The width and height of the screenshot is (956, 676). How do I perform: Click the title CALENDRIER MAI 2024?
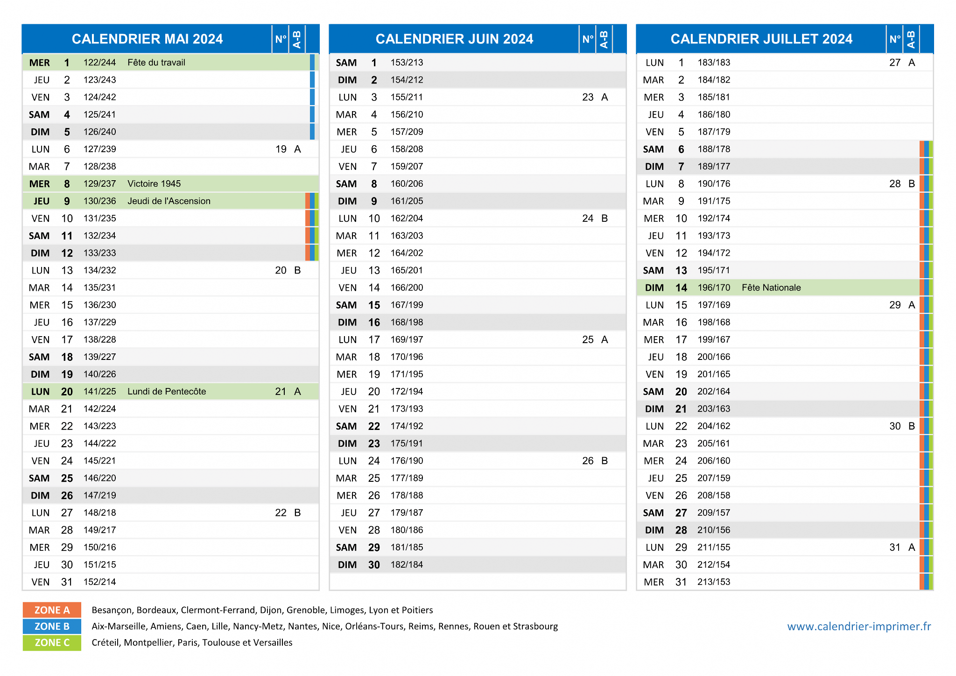pyautogui.click(x=147, y=39)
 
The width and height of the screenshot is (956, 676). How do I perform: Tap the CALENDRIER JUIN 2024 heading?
pyautogui.click(x=454, y=39)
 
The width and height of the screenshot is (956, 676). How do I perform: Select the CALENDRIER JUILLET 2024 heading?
pyautogui.click(x=761, y=39)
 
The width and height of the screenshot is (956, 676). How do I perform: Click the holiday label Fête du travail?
pyautogui.click(x=156, y=63)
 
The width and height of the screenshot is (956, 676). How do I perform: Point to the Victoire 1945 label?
pyautogui.click(x=154, y=184)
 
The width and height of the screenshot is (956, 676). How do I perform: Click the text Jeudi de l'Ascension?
pyautogui.click(x=169, y=201)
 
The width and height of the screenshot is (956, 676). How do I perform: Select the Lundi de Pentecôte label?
pyautogui.click(x=167, y=392)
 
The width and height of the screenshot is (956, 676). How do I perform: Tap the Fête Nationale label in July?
pyautogui.click(x=771, y=288)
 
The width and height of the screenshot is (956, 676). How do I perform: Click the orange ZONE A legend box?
pyautogui.click(x=52, y=610)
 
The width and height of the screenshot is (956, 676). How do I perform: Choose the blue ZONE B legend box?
pyautogui.click(x=52, y=627)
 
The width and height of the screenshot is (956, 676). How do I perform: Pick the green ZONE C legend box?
pyautogui.click(x=52, y=643)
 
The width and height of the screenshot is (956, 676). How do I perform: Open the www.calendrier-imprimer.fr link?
pyautogui.click(x=859, y=627)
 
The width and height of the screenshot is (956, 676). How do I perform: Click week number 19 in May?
pyautogui.click(x=281, y=149)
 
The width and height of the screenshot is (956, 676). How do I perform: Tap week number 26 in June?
pyautogui.click(x=588, y=461)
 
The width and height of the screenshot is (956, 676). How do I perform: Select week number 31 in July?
pyautogui.click(x=895, y=547)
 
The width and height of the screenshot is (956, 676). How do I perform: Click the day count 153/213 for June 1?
pyautogui.click(x=407, y=63)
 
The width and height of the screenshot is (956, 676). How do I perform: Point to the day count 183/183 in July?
pyautogui.click(x=714, y=63)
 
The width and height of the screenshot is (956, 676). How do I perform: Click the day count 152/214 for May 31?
pyautogui.click(x=100, y=582)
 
